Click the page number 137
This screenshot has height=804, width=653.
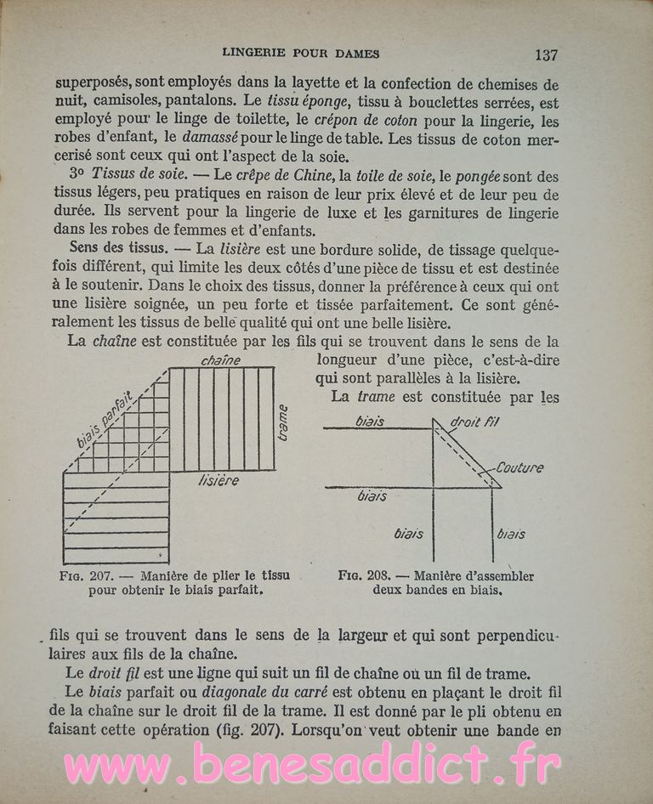546,55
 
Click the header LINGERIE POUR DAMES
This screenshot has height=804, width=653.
300,54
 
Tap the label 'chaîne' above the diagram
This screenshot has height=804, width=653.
221,361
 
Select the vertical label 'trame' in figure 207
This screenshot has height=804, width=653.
283,422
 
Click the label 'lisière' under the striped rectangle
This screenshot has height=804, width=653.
219,481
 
